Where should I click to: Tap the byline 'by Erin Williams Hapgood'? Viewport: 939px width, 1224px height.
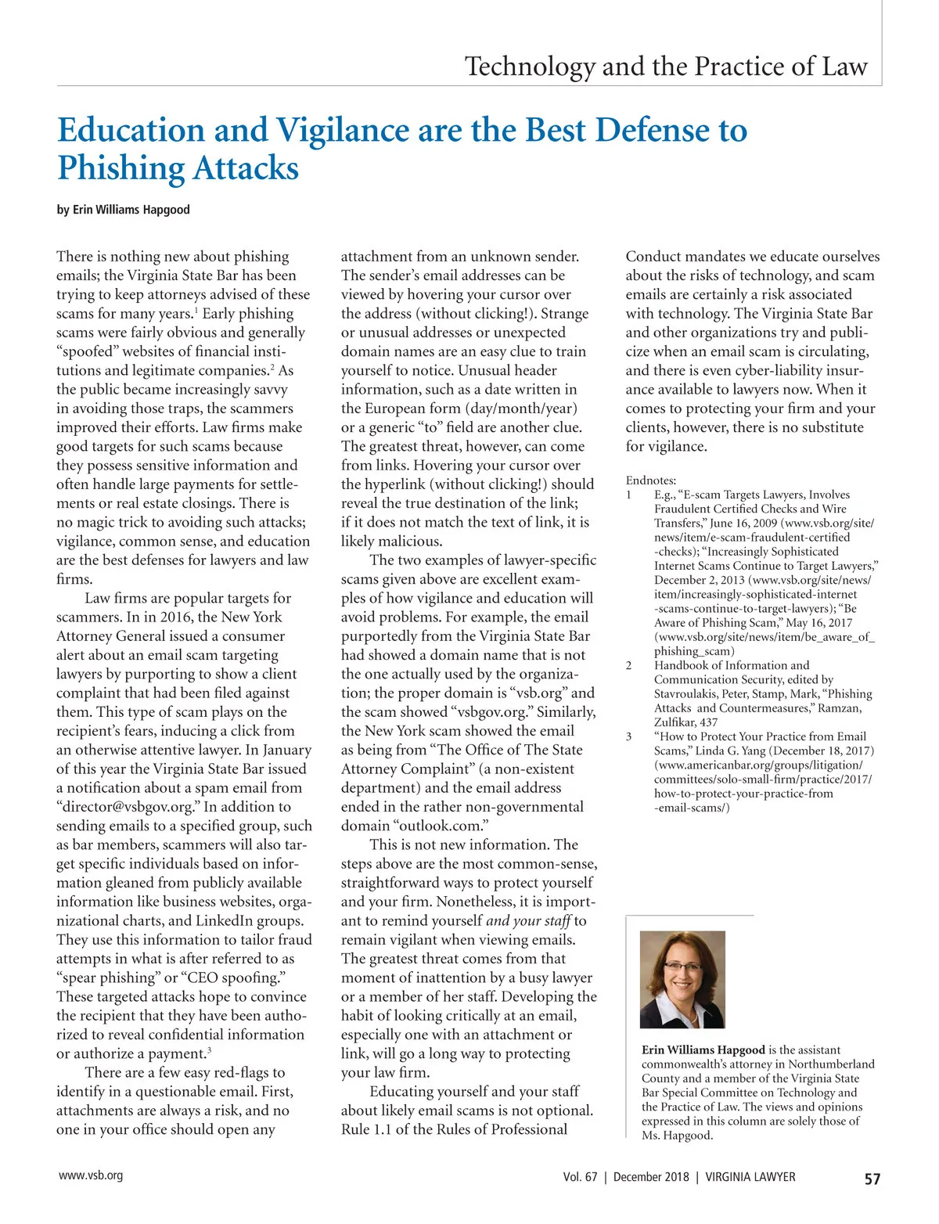click(x=123, y=210)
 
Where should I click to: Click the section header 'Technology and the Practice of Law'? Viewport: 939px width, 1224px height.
click(x=666, y=67)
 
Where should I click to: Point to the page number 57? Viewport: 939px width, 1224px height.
click(x=872, y=1179)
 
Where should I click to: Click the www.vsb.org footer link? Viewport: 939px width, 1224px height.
click(x=91, y=1175)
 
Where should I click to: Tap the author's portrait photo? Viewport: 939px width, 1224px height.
click(x=682, y=979)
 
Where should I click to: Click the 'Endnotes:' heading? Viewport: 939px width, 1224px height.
click(x=651, y=481)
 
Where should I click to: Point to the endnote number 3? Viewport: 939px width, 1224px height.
click(x=628, y=736)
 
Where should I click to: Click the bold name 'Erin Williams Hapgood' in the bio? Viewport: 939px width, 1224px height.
click(x=703, y=1050)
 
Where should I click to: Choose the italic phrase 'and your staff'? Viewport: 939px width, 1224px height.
click(x=528, y=921)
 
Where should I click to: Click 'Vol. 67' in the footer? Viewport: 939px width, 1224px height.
click(x=580, y=1177)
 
